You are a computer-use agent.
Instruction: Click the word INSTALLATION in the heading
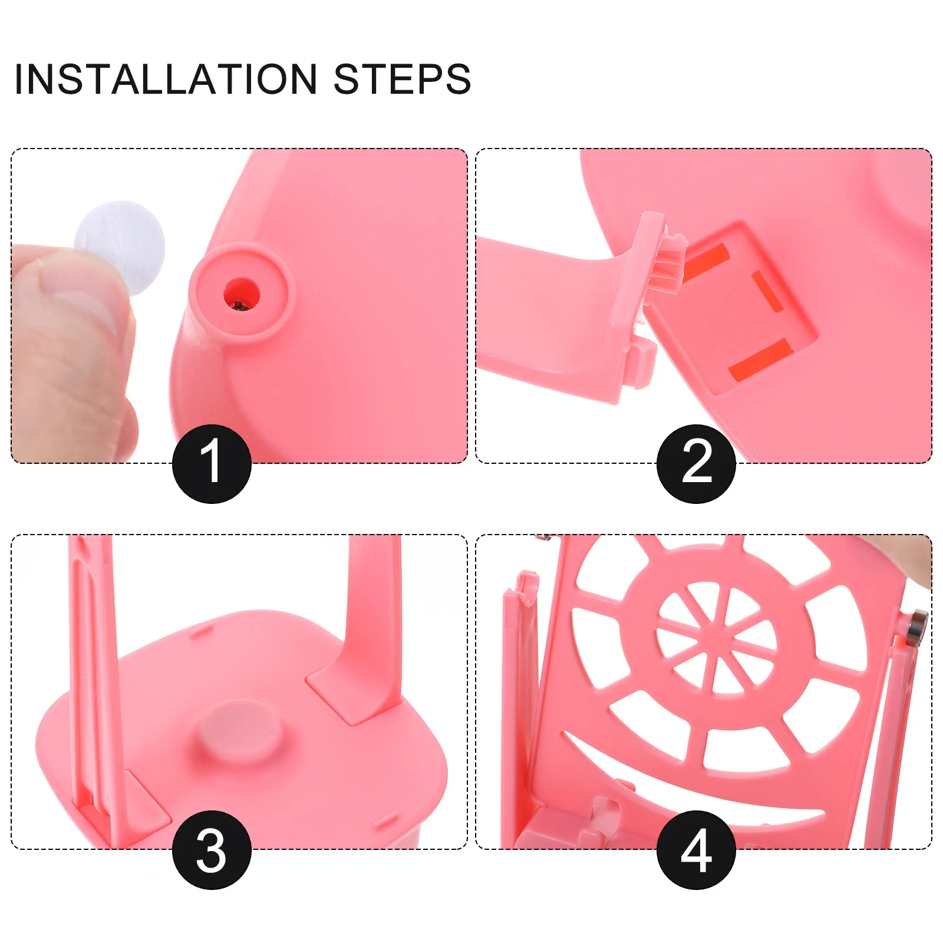(x=165, y=79)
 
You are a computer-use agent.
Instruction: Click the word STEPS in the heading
(x=402, y=79)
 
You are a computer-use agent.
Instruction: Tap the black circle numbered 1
(x=212, y=463)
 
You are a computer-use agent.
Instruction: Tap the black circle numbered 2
(x=696, y=463)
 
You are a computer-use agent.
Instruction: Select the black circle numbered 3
(x=212, y=849)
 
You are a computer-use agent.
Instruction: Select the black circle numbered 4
(x=696, y=849)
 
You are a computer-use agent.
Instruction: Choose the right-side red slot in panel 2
(x=767, y=291)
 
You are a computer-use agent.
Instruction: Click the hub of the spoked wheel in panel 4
(x=714, y=639)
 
